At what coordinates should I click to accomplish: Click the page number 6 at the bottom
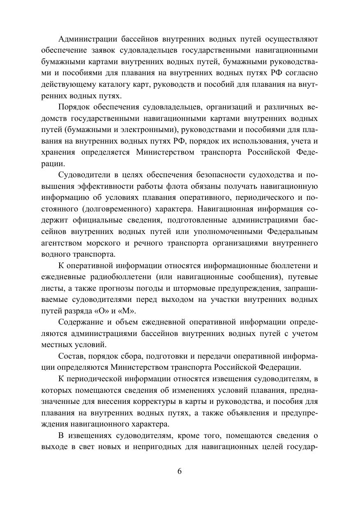[x=180, y=471]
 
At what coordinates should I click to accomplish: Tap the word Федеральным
[x=292, y=232]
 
